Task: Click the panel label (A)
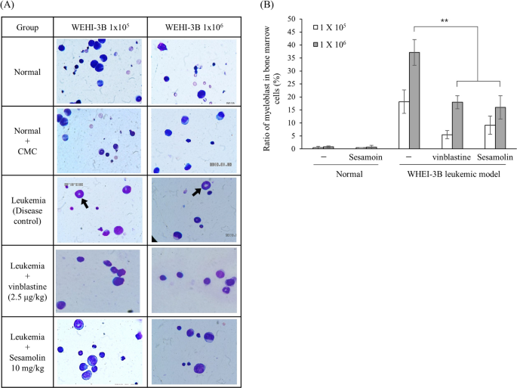11,7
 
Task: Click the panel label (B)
266,7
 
